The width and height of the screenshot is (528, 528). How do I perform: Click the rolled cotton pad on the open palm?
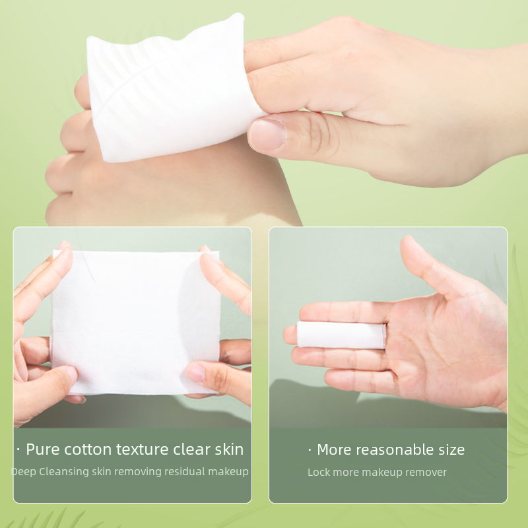(341, 335)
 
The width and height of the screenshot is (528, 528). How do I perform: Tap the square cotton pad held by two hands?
(135, 322)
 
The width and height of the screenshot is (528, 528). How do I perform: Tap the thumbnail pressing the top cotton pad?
(267, 135)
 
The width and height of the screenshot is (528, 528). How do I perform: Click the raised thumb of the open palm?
(434, 266)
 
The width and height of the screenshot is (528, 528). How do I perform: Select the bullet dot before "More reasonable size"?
(310, 450)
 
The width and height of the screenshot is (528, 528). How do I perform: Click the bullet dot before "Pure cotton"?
(18, 450)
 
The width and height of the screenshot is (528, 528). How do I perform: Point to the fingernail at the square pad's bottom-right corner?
(195, 372)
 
